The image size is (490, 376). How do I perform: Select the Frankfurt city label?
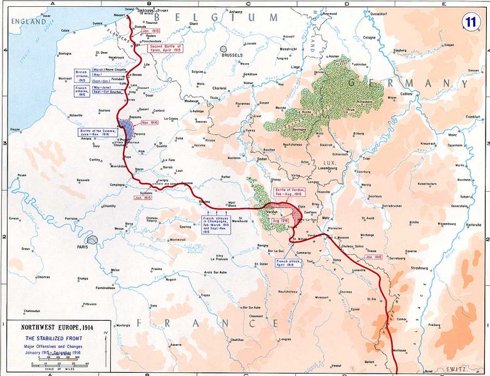pos(471,117)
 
